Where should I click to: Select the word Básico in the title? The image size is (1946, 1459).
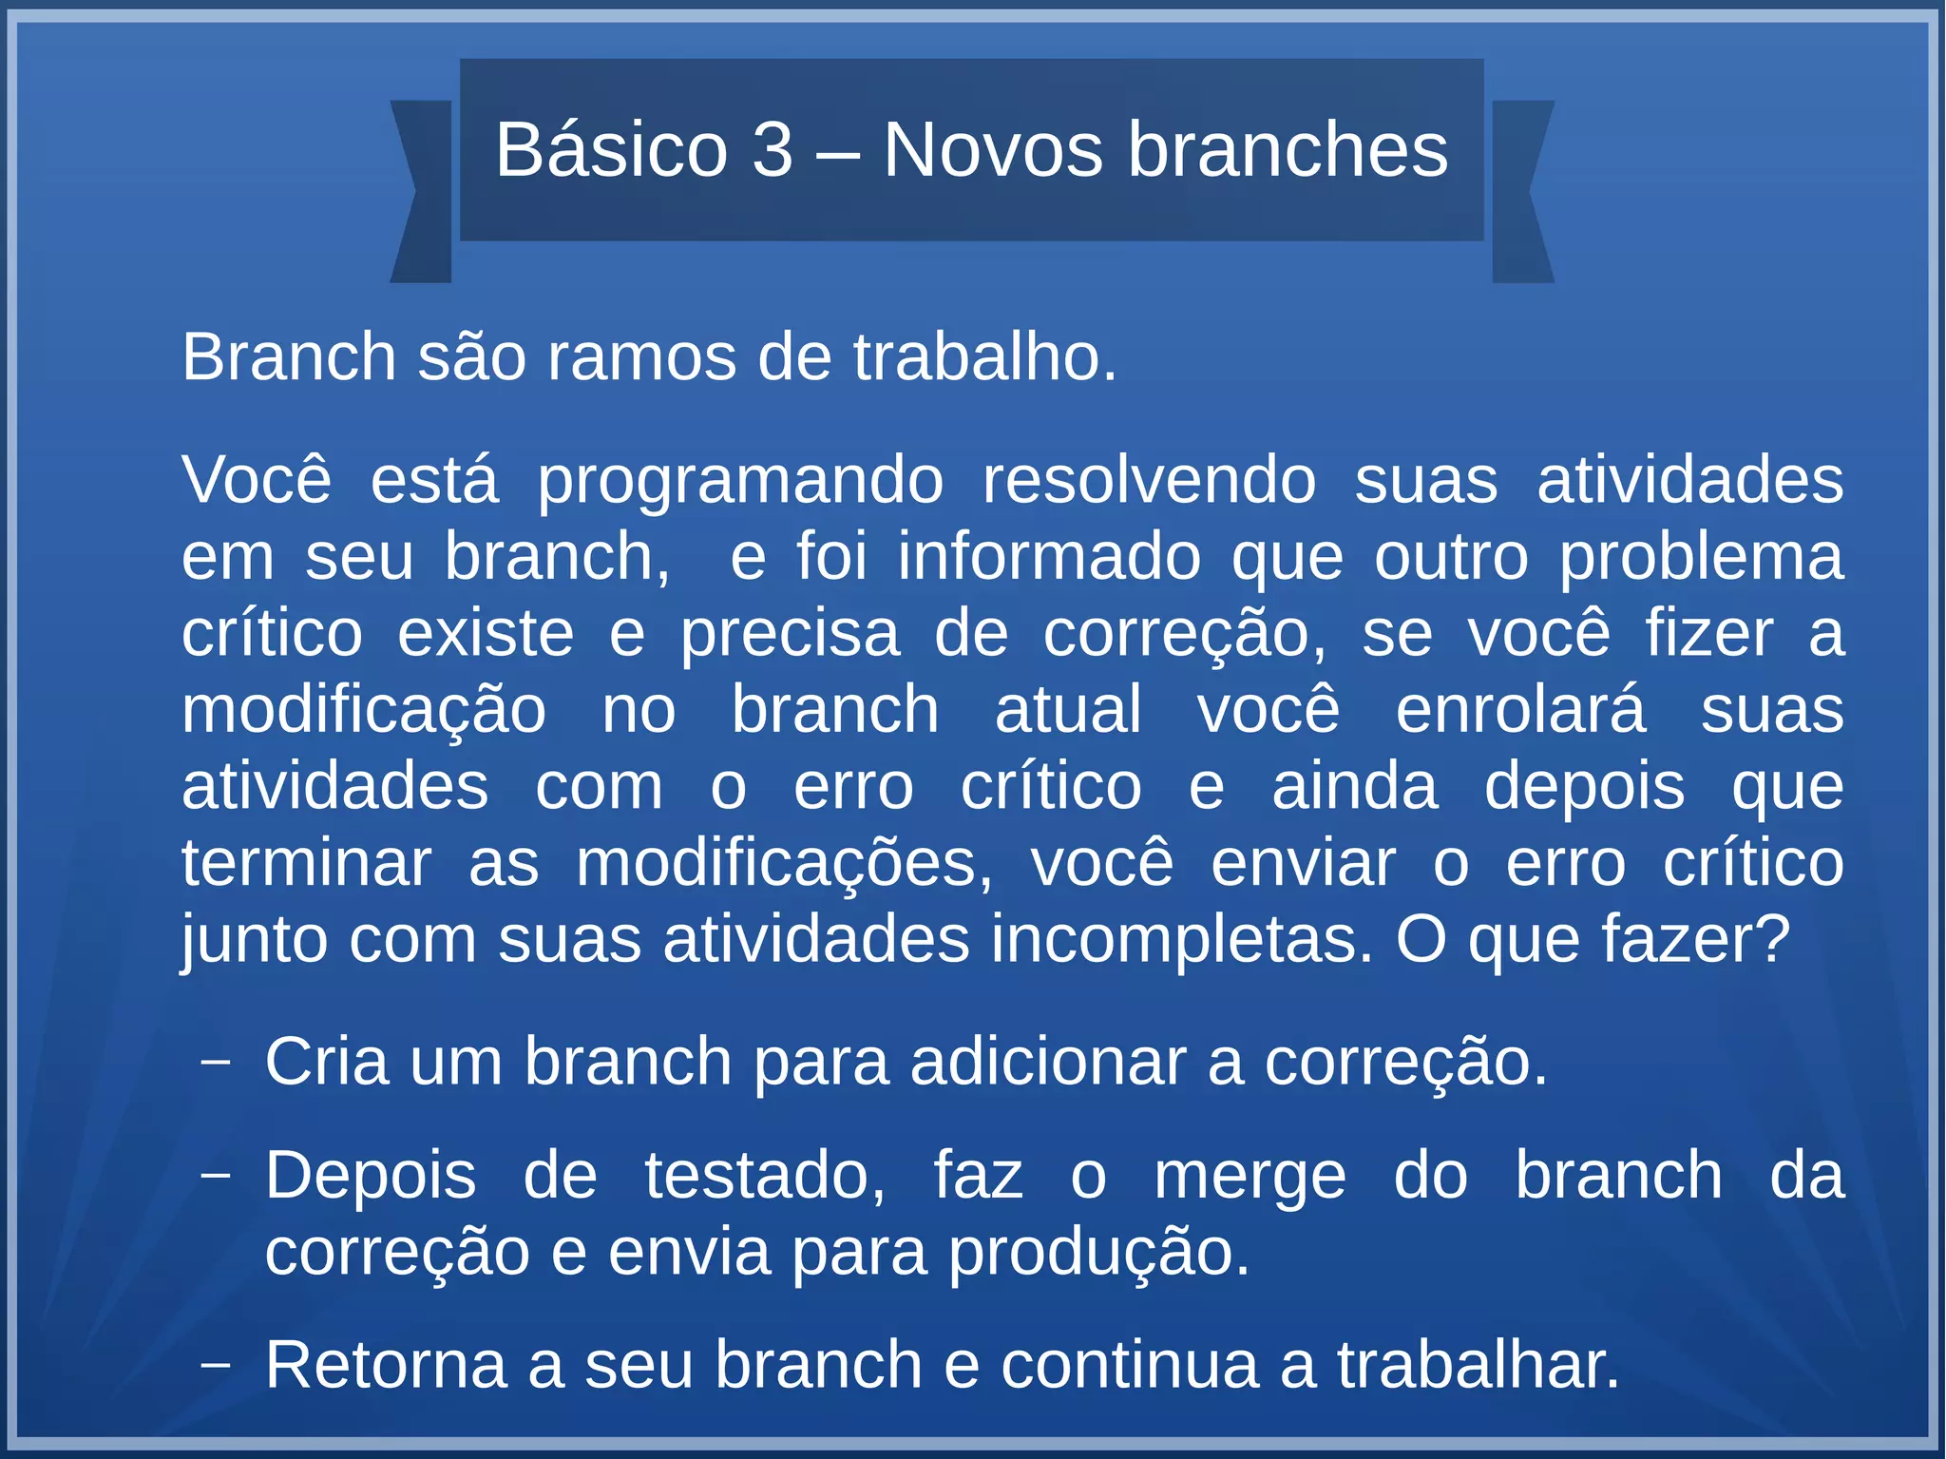tap(611, 150)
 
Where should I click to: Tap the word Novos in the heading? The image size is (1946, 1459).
tap(993, 150)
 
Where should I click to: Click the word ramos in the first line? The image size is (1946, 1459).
tap(641, 357)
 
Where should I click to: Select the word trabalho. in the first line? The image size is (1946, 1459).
tap(984, 357)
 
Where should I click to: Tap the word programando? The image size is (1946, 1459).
tap(740, 481)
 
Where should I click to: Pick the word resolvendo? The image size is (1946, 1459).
tap(1149, 479)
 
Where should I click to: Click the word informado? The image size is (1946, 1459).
tap(1049, 556)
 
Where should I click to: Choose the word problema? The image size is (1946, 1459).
tap(1701, 558)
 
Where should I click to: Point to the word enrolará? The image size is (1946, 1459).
tap(1520, 709)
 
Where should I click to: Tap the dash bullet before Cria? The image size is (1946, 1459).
tap(217, 1061)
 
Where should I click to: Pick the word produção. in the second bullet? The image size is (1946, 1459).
tap(1098, 1252)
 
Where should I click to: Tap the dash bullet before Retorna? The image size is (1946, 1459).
tap(217, 1365)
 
